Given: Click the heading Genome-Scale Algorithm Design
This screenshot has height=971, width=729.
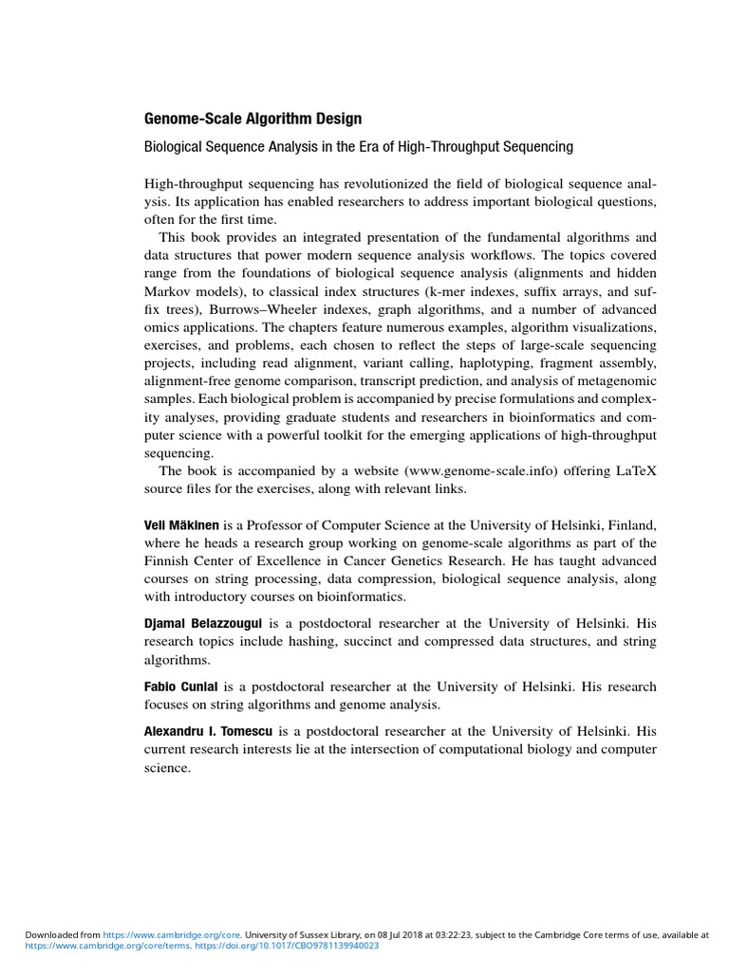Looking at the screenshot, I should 252,119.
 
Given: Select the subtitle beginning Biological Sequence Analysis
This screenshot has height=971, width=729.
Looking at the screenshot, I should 358,147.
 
